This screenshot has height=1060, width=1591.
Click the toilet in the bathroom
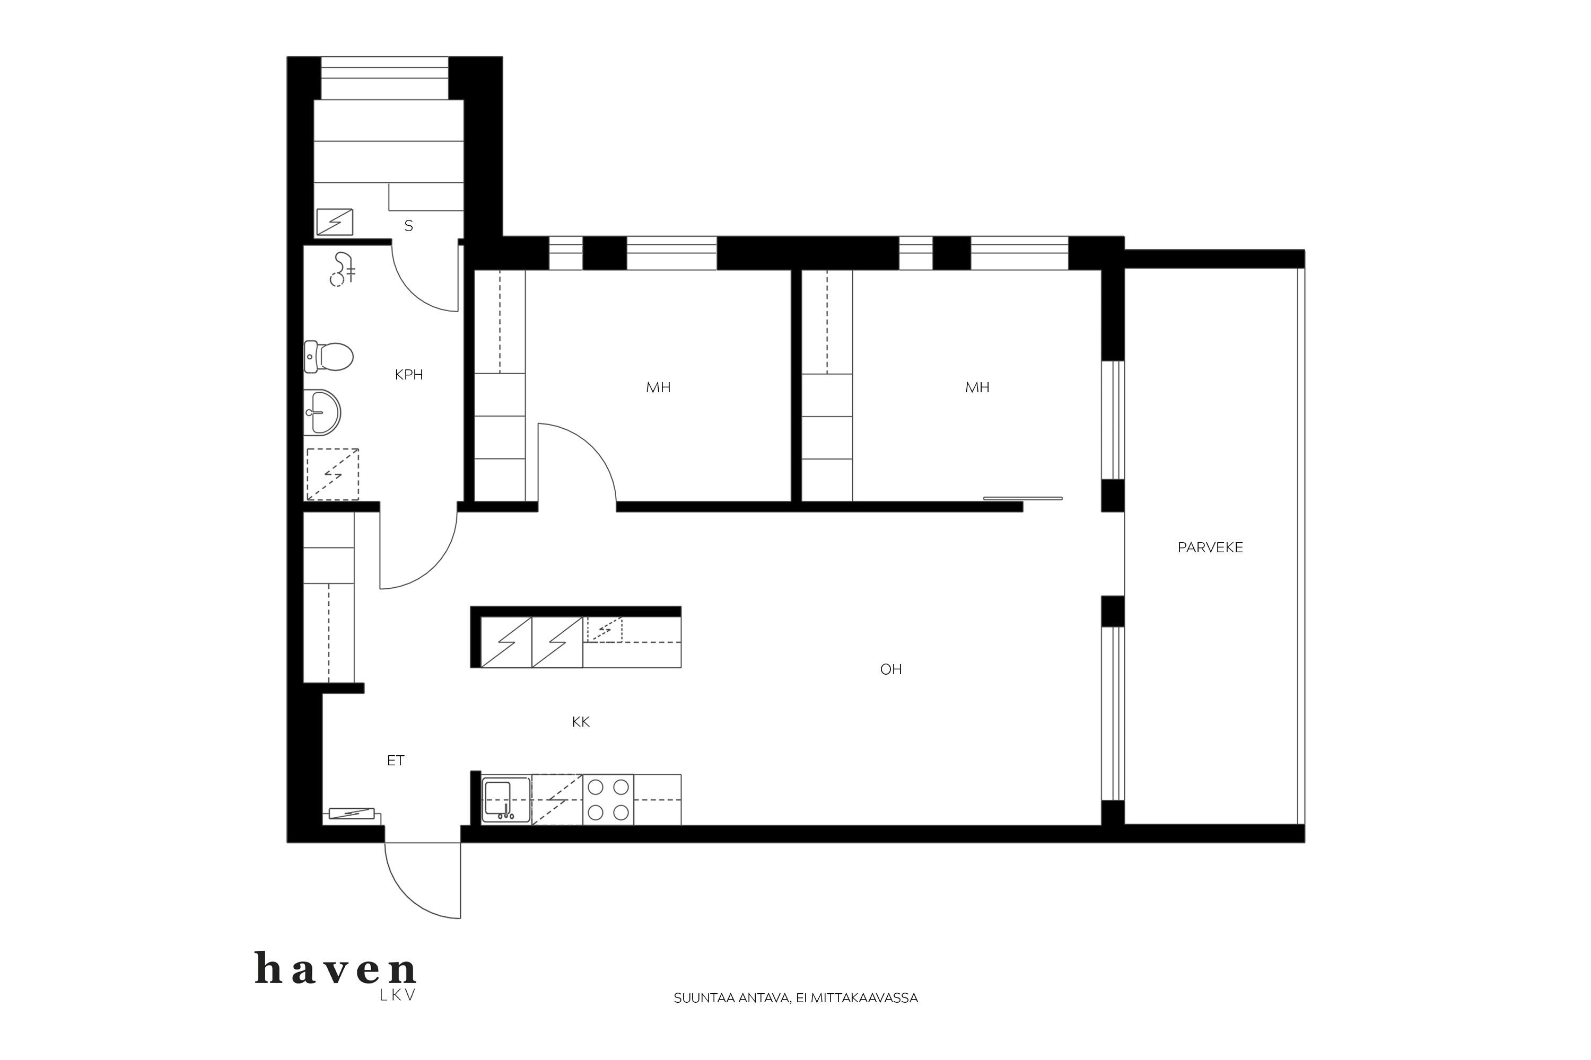(x=329, y=356)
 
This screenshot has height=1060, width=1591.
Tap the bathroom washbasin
(x=322, y=412)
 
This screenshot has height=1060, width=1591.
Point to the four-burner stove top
(x=608, y=800)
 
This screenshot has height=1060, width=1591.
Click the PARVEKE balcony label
(x=1210, y=547)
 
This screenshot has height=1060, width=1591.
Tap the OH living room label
(x=891, y=669)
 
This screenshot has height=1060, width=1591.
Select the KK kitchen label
(x=580, y=722)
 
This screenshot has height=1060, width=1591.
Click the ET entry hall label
(x=396, y=761)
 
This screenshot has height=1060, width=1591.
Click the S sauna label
(x=408, y=226)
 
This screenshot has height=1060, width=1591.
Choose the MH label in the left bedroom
(x=658, y=387)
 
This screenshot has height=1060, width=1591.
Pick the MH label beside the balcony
(x=977, y=387)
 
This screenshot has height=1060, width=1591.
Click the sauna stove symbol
(x=335, y=222)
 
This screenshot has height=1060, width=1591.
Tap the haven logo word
(x=336, y=968)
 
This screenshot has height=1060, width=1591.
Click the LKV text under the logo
(x=398, y=995)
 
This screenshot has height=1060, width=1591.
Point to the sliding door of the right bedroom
(x=1023, y=498)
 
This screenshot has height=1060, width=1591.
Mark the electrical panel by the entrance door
(x=352, y=812)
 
